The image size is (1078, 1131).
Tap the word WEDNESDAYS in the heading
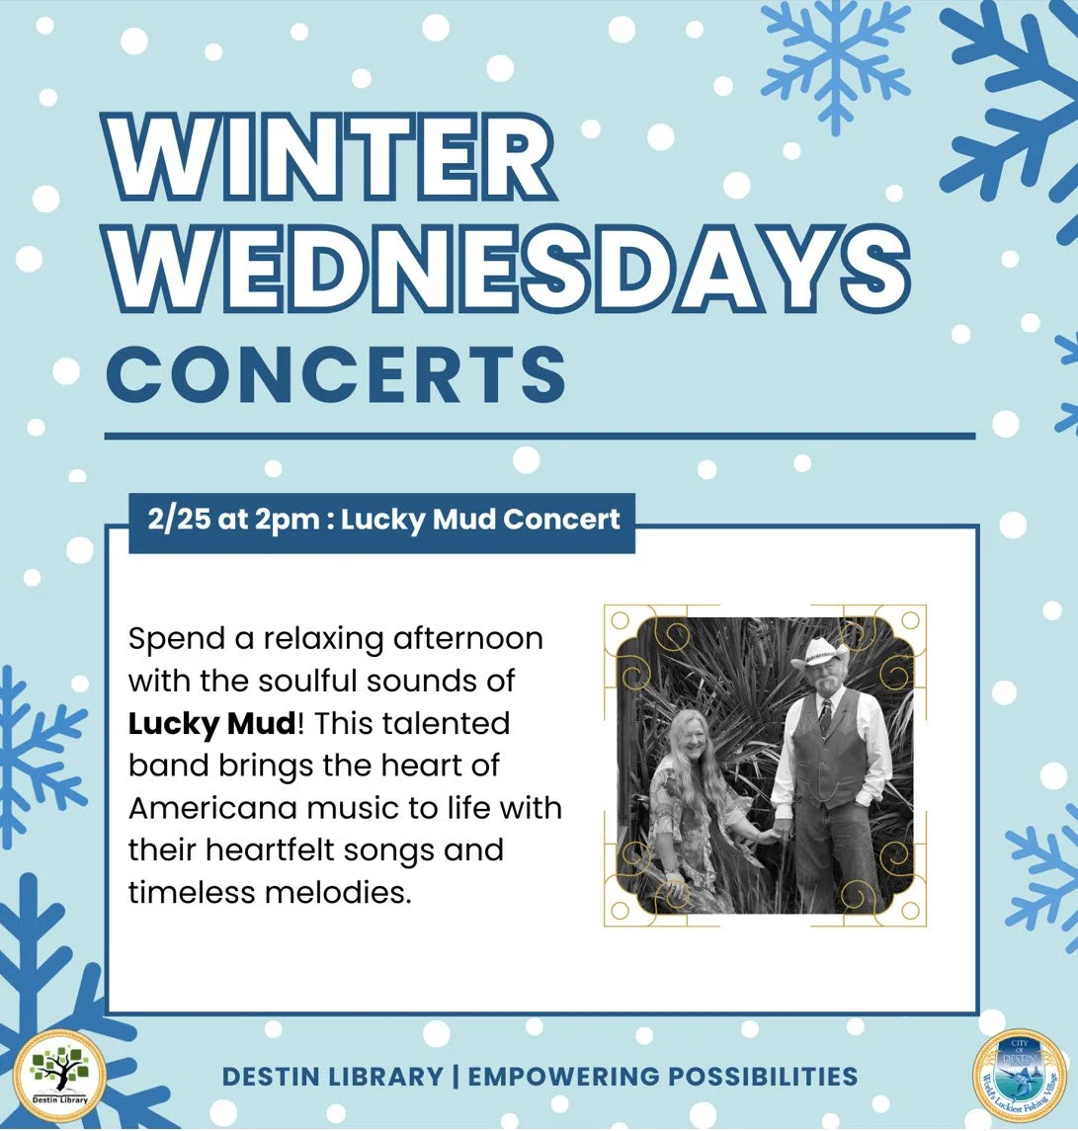506,267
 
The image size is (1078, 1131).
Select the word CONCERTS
336,372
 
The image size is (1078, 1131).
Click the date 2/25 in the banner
180,520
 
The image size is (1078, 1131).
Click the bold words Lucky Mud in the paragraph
211,723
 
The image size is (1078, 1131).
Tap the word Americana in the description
205,808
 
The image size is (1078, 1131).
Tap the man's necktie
825,715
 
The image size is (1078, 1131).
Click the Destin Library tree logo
59,1076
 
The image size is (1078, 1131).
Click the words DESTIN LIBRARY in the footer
332,1077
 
